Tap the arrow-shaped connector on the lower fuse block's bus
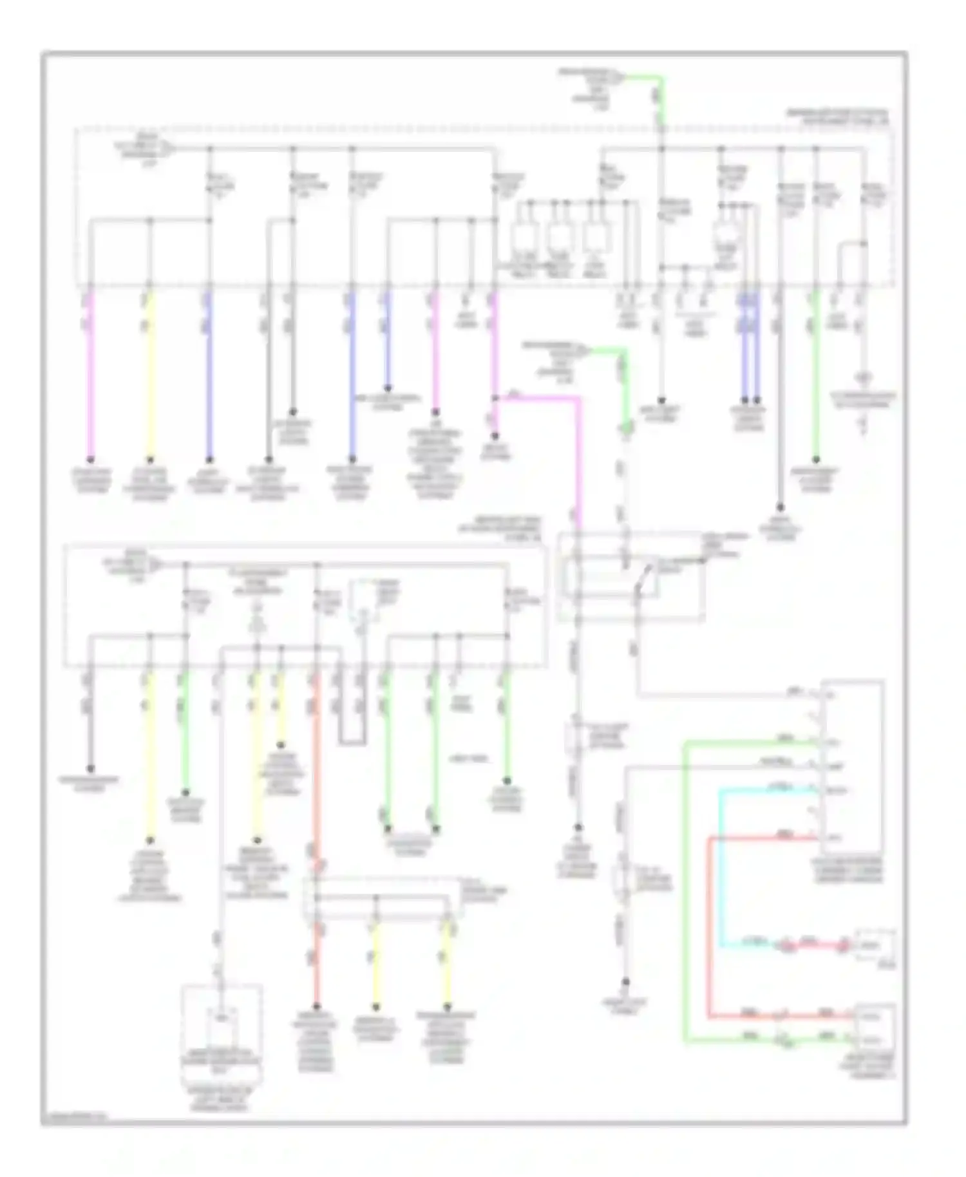point(155,565)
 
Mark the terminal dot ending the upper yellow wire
point(149,460)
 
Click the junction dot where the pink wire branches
point(495,399)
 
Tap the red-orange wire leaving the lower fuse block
point(316,773)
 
